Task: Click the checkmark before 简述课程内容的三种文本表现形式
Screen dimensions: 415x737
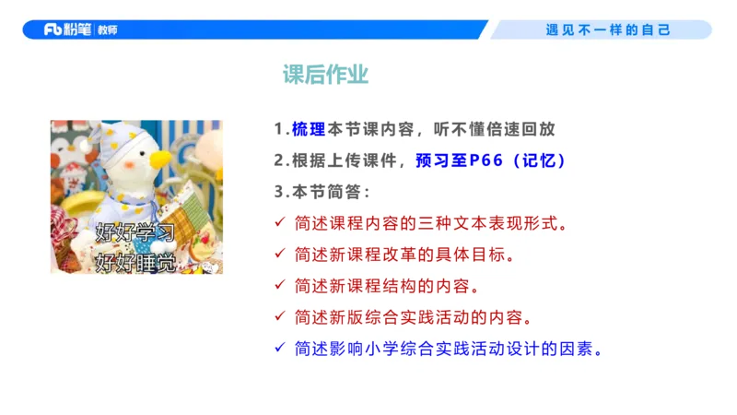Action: pyautogui.click(x=280, y=223)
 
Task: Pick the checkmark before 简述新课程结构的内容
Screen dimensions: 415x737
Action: pyautogui.click(x=280, y=286)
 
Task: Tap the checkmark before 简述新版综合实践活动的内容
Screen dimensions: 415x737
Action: pyautogui.click(x=280, y=317)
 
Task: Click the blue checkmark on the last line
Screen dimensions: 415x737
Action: pyautogui.click(x=280, y=349)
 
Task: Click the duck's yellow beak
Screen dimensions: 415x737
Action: pyautogui.click(x=160, y=158)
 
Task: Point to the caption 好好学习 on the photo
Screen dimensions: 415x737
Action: pyautogui.click(x=135, y=230)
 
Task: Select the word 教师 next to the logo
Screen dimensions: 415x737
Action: pyautogui.click(x=107, y=30)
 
